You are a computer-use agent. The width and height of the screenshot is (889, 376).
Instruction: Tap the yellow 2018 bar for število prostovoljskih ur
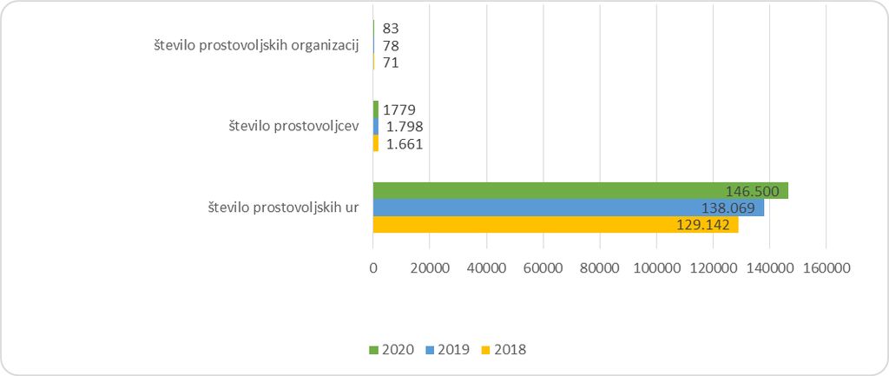tap(556, 225)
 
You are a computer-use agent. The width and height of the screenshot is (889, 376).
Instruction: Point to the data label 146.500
tap(754, 191)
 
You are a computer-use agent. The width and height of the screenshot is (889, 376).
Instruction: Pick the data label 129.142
tap(705, 225)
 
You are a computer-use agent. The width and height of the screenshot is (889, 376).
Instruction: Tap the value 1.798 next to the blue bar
tap(405, 127)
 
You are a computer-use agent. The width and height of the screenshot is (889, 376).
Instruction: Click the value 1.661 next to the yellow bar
tap(405, 144)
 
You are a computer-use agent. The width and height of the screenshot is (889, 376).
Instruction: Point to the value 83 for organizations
tap(390, 29)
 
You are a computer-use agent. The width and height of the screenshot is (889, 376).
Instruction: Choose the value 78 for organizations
tap(390, 45)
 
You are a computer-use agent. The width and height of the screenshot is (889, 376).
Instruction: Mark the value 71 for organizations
tap(390, 63)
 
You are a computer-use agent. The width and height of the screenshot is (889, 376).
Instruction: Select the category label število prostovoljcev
tap(294, 127)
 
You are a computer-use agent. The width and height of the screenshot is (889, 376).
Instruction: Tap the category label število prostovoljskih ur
tap(284, 208)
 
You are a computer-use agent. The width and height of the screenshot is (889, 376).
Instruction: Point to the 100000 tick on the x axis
tap(656, 269)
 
